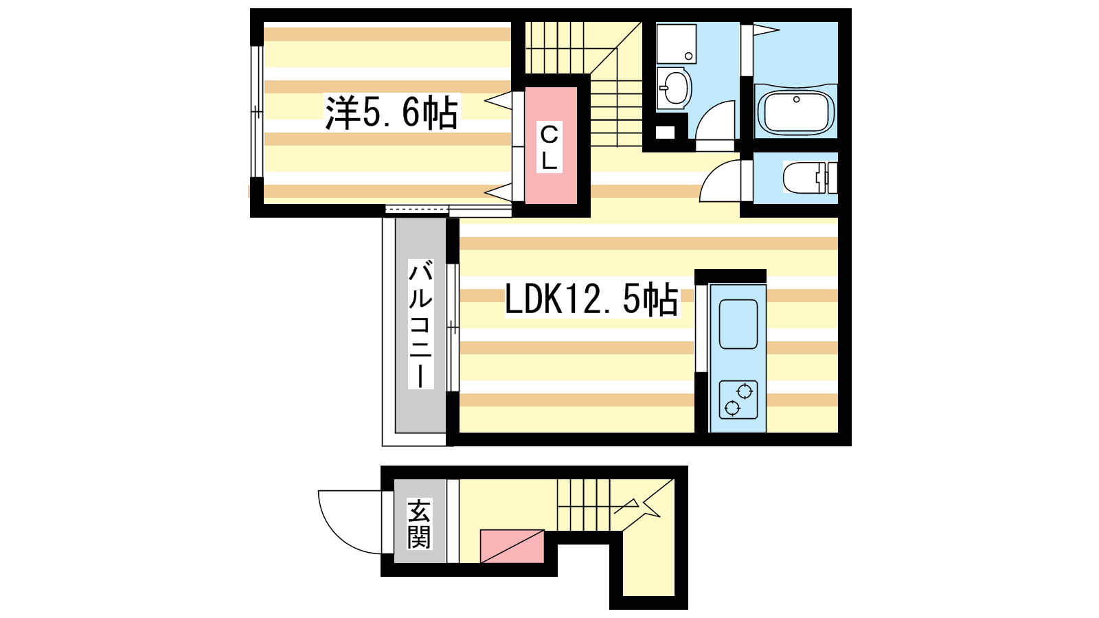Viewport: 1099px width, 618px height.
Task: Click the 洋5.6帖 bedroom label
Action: coord(391,113)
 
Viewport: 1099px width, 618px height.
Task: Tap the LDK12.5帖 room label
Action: coord(591,299)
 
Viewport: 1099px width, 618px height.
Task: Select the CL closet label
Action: coord(549,147)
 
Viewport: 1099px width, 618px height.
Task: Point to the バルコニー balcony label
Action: coord(420,324)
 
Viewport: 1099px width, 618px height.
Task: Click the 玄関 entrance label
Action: coord(419,524)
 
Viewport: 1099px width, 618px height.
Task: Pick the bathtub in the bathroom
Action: coord(795,113)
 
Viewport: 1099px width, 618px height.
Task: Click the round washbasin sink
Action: coord(675,89)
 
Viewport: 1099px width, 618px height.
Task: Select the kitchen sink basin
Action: coord(738,323)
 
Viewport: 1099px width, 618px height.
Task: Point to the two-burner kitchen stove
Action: coord(738,400)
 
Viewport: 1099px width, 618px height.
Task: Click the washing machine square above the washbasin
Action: coord(676,44)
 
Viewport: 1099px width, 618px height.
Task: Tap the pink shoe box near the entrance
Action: coord(512,547)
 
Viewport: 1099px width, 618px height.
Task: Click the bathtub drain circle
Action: coord(796,100)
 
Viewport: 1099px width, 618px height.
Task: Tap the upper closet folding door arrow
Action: coord(498,101)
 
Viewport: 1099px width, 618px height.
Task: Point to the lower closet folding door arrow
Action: coord(498,192)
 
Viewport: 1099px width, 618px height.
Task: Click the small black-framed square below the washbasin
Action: coord(666,132)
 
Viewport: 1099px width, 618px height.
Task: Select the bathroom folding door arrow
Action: coord(767,30)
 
